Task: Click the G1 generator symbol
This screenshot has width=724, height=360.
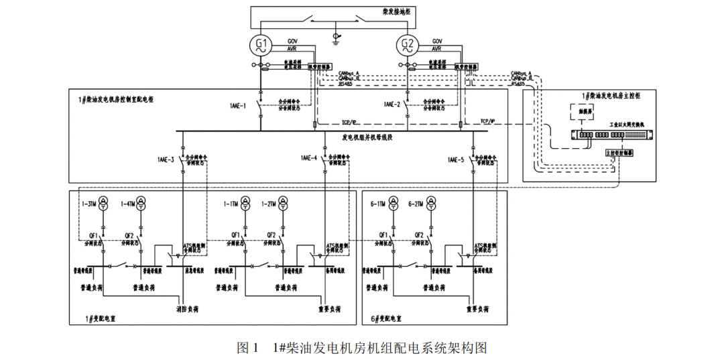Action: (261, 46)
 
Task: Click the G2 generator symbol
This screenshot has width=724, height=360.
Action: (407, 46)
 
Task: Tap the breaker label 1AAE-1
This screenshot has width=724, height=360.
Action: (238, 105)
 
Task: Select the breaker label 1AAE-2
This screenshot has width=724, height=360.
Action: (392, 105)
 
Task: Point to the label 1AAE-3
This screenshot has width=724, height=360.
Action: (166, 160)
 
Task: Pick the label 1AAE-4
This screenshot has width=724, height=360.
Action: (309, 160)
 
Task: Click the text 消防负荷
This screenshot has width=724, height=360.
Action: (189, 310)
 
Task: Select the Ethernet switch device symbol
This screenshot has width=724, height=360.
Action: (610, 134)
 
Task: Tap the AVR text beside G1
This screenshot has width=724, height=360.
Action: (292, 49)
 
